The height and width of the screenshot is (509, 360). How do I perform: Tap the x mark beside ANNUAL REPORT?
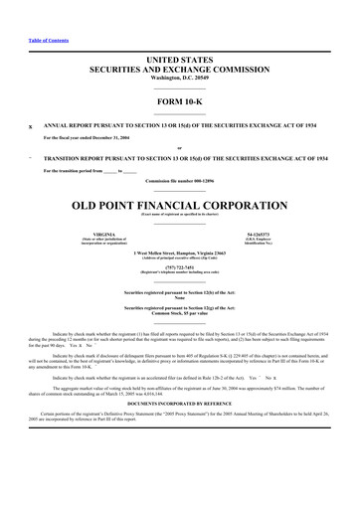point(31,126)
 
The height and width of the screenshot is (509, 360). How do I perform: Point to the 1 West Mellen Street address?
point(180,254)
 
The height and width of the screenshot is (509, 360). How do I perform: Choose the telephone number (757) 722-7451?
point(180,267)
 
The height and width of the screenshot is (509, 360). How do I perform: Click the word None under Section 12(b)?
point(180,298)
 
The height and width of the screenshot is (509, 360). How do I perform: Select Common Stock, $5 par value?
point(180,316)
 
